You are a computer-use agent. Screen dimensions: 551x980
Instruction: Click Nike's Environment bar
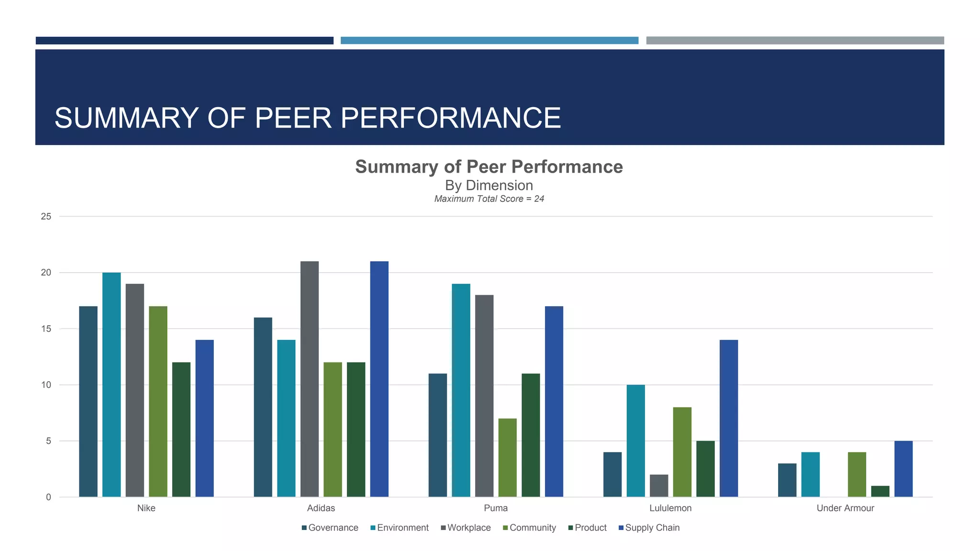(x=111, y=385)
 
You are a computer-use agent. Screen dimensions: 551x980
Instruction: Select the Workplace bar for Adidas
(x=310, y=379)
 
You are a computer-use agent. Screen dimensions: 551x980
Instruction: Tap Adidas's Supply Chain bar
(x=379, y=379)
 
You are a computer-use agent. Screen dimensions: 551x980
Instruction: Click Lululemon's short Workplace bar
(x=659, y=485)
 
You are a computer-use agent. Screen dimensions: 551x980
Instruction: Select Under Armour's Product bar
(x=880, y=491)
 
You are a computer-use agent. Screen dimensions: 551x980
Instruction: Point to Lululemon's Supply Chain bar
(x=729, y=418)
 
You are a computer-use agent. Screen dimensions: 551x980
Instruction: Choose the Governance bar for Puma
(x=437, y=435)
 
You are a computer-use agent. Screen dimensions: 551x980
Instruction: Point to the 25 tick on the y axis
(x=46, y=216)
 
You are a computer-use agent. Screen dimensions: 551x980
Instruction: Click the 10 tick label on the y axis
(x=46, y=385)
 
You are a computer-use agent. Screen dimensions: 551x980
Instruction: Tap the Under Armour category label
(x=845, y=508)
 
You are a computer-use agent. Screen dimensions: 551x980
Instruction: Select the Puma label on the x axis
(x=496, y=508)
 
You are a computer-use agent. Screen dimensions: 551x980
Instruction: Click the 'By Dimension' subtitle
(x=489, y=186)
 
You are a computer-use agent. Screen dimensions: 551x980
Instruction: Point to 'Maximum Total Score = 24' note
(x=489, y=199)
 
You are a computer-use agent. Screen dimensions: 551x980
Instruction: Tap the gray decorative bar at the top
(x=795, y=41)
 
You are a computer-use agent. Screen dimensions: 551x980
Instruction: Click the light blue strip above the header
(x=489, y=41)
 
